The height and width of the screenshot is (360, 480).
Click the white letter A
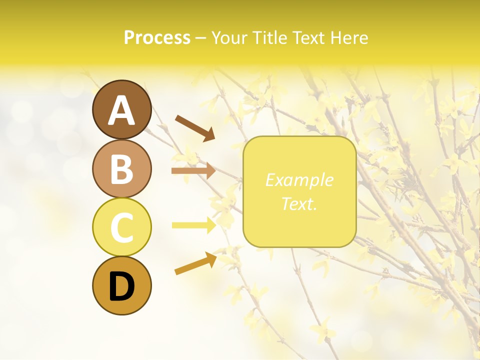tap(121, 110)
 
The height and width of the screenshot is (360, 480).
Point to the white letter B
tap(121, 169)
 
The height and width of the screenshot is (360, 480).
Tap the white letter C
tap(121, 228)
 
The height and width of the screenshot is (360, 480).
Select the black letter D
tap(121, 287)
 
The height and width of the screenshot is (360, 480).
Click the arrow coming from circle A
tap(195, 128)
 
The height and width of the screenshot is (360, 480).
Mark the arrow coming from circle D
tap(195, 263)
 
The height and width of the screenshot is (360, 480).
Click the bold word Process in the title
tap(157, 37)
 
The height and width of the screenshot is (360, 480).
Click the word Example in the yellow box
tap(299, 180)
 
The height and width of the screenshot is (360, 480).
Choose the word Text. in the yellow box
tap(299, 203)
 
